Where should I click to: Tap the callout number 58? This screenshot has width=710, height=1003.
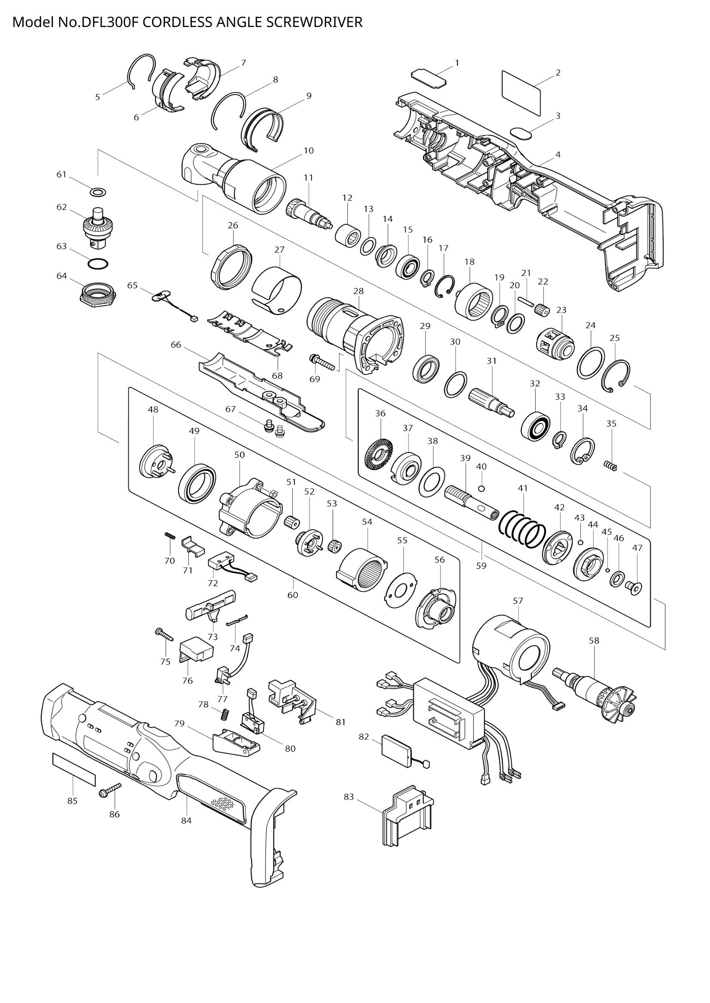[x=594, y=640]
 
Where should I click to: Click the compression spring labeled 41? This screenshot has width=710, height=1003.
[x=523, y=529]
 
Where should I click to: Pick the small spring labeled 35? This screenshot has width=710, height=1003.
[x=611, y=466]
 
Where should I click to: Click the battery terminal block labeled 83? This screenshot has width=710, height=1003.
[x=407, y=816]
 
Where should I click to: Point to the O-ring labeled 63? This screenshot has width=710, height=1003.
[x=97, y=264]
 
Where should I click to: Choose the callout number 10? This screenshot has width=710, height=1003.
[x=309, y=151]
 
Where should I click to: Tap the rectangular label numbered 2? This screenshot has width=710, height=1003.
[x=521, y=93]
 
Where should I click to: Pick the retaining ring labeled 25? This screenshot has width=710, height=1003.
[x=616, y=375]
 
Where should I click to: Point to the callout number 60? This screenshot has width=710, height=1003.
[x=292, y=595]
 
